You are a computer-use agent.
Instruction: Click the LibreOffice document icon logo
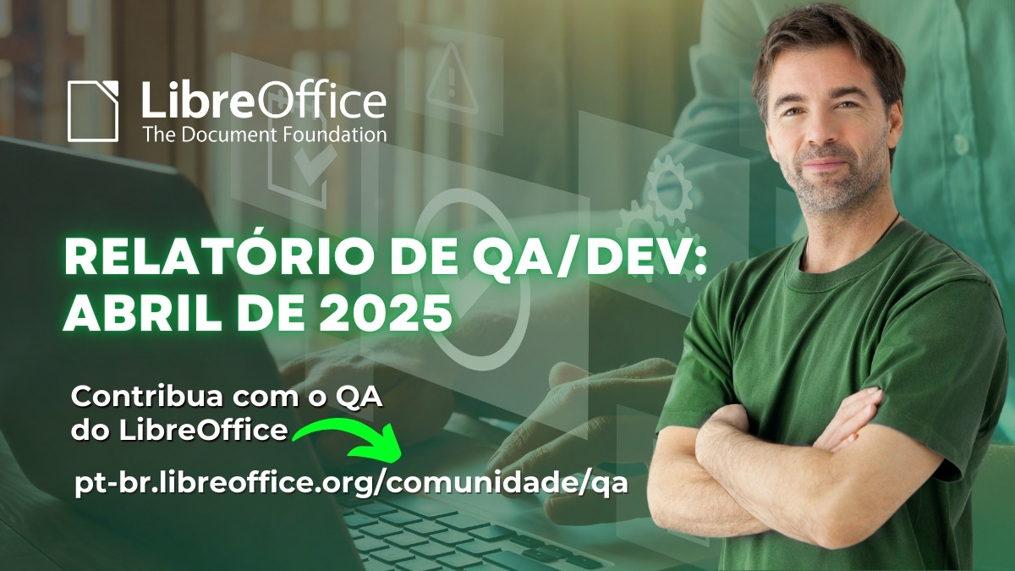(94, 111)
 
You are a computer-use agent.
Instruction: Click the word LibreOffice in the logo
(263, 100)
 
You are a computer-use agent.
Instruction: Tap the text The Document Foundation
(264, 134)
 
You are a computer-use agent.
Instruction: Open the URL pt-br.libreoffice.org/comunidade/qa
(351, 483)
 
